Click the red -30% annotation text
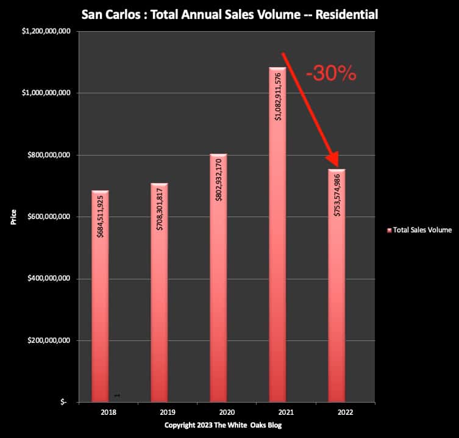(331, 74)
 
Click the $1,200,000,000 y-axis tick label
(46, 31)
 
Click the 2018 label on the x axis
(100, 412)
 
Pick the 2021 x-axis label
(277, 412)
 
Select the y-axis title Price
(14, 217)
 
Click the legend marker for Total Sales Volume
(388, 231)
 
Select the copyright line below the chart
(223, 425)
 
